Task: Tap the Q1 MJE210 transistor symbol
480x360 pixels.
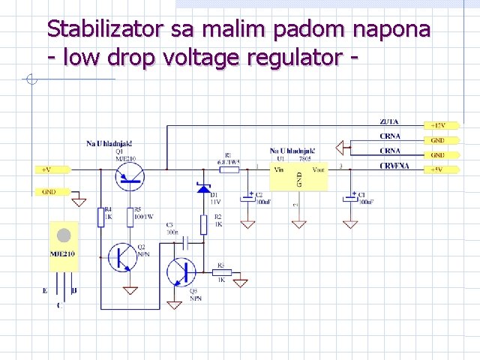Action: (x=130, y=175)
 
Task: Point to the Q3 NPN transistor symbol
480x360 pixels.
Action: (x=180, y=271)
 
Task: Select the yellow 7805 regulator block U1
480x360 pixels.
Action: (x=298, y=177)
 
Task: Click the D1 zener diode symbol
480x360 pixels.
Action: (x=203, y=188)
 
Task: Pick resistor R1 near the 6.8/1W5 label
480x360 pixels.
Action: (x=228, y=169)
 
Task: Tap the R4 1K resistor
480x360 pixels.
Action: (x=100, y=217)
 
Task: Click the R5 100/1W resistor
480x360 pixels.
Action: (x=130, y=217)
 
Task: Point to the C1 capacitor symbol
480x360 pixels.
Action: (x=349, y=198)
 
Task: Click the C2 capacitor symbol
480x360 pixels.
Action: (x=247, y=198)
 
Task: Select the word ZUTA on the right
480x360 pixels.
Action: (x=389, y=121)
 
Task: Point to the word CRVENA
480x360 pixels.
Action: (x=394, y=166)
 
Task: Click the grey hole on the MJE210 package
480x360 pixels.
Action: (x=64, y=235)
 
